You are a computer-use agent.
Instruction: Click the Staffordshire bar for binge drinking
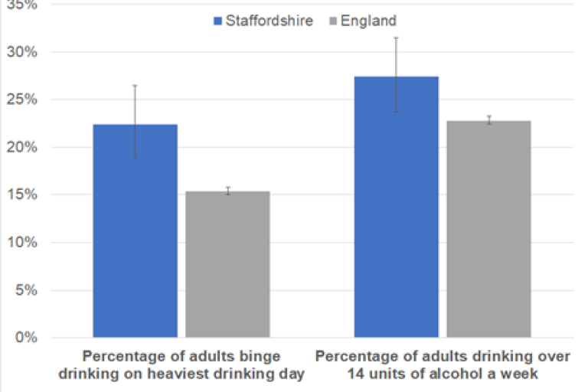pos(135,230)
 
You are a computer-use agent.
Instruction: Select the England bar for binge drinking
pos(227,264)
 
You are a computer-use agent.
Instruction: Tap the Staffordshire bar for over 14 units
pos(396,207)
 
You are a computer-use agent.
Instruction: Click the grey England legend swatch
pos(335,21)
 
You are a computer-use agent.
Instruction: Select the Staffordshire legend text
pos(269,21)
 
